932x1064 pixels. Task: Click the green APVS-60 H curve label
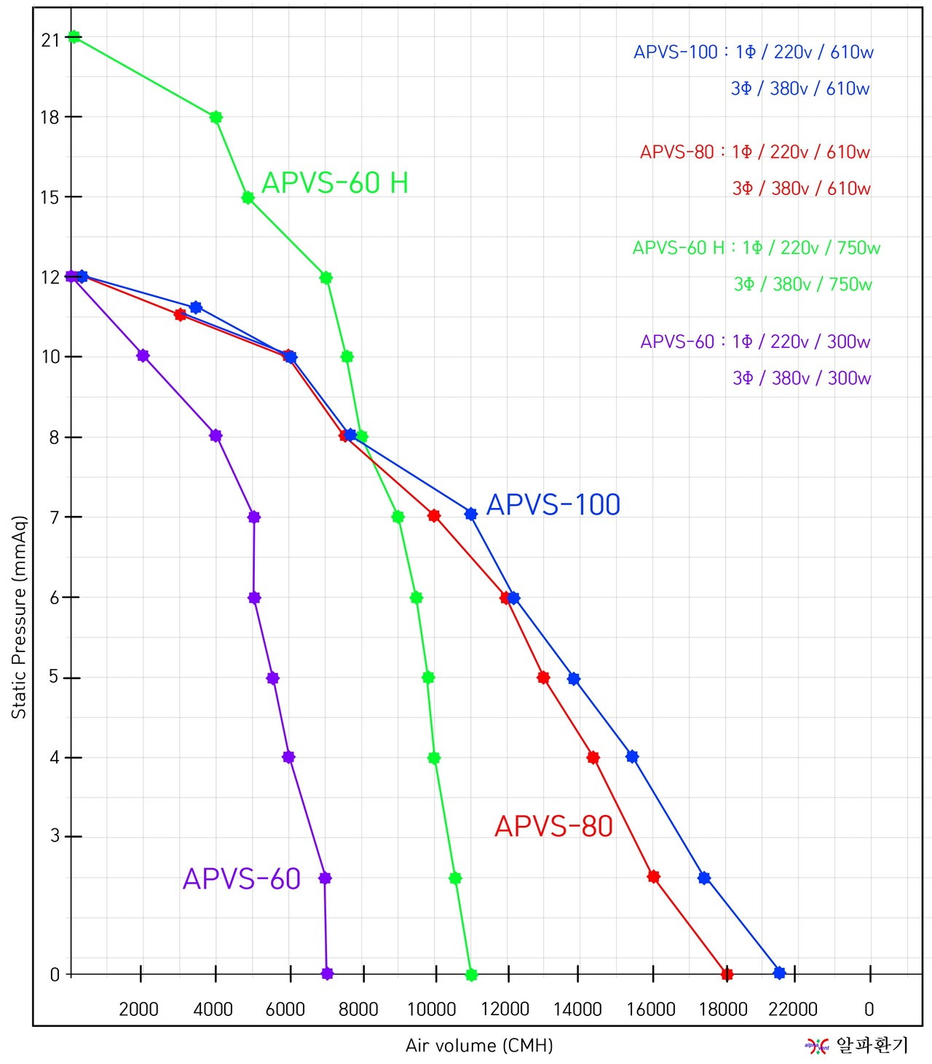pyautogui.click(x=335, y=183)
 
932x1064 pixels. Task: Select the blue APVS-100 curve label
pyautogui.click(x=553, y=504)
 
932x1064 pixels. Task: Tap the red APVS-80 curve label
pyautogui.click(x=553, y=826)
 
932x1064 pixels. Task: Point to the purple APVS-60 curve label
pyautogui.click(x=242, y=878)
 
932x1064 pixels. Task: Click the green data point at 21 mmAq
pyautogui.click(x=74, y=36)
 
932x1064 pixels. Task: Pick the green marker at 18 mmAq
pyautogui.click(x=216, y=117)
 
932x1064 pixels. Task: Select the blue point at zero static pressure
pyautogui.click(x=779, y=973)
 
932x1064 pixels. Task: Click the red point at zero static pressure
pyautogui.click(x=727, y=974)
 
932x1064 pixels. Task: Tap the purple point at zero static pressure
pyautogui.click(x=327, y=974)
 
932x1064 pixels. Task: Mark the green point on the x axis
pyautogui.click(x=471, y=974)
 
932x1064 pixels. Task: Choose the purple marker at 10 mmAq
pyautogui.click(x=143, y=355)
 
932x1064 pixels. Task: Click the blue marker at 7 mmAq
pyautogui.click(x=471, y=514)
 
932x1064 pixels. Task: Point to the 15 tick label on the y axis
pyautogui.click(x=50, y=197)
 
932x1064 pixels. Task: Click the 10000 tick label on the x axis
pyautogui.click(x=431, y=1009)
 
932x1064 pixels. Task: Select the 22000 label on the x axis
pyautogui.click(x=793, y=1009)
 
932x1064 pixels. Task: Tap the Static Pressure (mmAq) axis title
pyautogui.click(x=19, y=617)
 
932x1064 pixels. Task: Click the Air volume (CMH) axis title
pyautogui.click(x=479, y=1046)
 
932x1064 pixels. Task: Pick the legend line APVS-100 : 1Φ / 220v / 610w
pyautogui.click(x=753, y=52)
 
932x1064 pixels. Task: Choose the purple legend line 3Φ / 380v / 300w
pyautogui.click(x=801, y=378)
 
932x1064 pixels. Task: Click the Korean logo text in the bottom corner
pyautogui.click(x=872, y=1046)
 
